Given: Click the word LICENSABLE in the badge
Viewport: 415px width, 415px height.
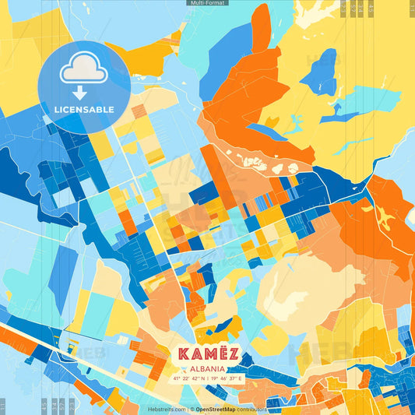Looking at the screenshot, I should click(84, 109).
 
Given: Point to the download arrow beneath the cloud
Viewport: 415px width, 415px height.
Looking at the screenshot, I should click(80, 92).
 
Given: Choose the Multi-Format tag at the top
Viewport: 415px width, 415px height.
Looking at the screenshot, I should click(207, 3).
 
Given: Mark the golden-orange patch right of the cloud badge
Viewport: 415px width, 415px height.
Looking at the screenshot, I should click(152, 55).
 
